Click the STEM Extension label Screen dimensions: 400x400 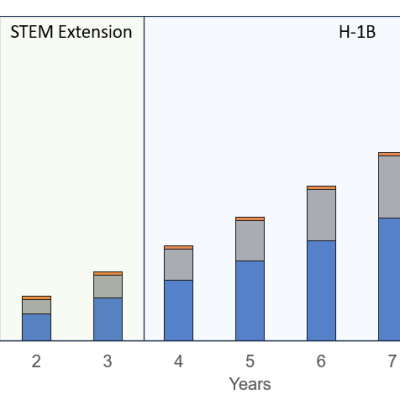pos(71,32)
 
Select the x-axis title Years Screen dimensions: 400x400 pos(249,384)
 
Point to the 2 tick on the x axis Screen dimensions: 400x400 pos(36,361)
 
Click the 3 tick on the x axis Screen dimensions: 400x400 pos(107,361)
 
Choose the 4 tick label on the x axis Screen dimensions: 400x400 pos(178,361)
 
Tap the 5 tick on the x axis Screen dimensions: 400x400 pos(249,361)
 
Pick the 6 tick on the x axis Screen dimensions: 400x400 pos(320,361)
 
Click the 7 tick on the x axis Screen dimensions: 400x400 pos(391,361)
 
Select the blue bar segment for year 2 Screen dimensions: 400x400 pos(36,327)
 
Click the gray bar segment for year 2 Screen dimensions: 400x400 pos(36,306)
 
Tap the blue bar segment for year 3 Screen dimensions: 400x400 pos(107,319)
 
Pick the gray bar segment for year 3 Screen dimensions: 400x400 pos(107,286)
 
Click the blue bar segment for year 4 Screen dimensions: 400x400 pos(178,310)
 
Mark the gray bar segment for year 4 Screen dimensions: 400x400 pos(178,264)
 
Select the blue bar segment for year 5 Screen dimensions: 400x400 pos(249,300)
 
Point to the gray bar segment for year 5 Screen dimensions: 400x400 pos(249,240)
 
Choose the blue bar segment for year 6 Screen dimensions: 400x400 pos(320,290)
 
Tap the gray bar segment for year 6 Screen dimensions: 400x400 pos(320,215)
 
